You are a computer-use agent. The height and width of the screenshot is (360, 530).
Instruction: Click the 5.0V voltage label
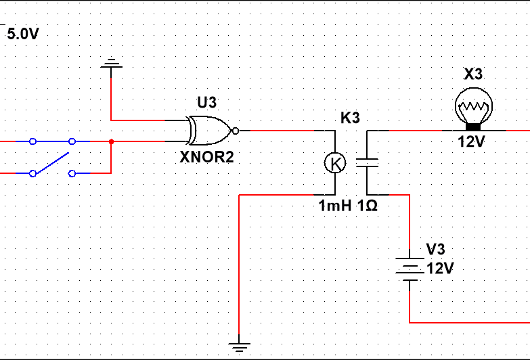tap(23, 34)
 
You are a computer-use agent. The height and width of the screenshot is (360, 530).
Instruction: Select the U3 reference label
tap(207, 102)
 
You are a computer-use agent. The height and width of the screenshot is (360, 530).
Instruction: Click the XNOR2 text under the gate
tap(206, 157)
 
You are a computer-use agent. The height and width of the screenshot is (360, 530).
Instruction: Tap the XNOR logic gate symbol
tap(211, 131)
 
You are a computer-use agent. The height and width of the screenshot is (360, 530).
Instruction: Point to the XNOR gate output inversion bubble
tap(236, 131)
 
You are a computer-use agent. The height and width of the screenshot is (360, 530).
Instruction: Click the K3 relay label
tap(350, 118)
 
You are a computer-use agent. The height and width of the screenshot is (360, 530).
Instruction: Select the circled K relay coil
tap(335, 163)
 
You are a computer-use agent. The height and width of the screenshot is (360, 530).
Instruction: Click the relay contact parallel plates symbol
tap(367, 163)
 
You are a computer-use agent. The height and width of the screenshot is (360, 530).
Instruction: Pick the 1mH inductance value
tap(335, 206)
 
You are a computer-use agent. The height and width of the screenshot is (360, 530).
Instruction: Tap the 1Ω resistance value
tap(367, 206)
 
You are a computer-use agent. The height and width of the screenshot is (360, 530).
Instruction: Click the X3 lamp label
tap(473, 74)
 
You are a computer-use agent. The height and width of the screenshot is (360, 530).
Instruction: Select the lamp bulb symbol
tap(474, 109)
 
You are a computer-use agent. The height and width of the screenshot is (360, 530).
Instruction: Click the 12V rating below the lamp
tap(472, 141)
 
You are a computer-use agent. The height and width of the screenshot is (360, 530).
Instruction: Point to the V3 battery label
tap(436, 249)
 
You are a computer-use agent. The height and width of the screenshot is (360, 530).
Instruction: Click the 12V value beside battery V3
tap(440, 269)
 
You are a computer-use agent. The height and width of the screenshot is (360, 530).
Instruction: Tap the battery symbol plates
tap(410, 269)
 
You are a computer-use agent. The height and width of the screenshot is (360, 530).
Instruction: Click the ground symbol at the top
tap(111, 63)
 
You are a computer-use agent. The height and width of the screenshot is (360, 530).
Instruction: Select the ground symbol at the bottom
tap(240, 347)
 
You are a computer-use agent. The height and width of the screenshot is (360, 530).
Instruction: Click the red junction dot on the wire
tap(111, 141)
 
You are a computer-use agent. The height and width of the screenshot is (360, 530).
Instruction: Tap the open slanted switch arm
tap(51, 164)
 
